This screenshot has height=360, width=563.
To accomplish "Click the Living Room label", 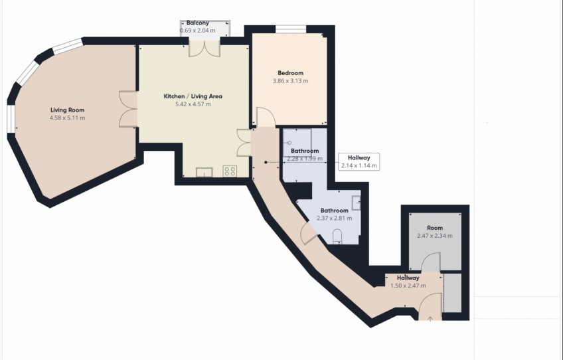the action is coord(68,110).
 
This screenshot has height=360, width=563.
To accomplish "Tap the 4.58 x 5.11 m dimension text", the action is coord(68,118).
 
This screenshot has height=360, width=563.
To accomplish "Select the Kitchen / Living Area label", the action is coord(193,96).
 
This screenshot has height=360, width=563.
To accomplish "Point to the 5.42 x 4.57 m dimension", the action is coord(193,104).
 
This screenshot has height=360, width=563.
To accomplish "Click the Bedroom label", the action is coord(291,73).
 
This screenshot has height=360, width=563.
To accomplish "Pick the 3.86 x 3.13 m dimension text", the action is coord(291,81).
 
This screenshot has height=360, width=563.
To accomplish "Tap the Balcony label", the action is coord(197,23).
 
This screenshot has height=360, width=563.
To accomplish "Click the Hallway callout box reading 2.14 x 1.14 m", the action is coord(359,161).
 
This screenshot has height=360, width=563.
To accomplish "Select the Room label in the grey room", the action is coord(435,228).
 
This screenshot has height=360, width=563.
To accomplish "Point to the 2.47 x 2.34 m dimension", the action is coord(435,236).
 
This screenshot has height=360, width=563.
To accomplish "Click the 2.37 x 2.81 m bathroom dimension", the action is coord(335,218).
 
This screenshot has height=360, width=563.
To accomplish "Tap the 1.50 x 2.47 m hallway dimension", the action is coord(408,286).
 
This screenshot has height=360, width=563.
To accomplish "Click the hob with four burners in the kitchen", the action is coord(230,171).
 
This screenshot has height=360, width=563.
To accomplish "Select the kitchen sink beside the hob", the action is coord(204,173).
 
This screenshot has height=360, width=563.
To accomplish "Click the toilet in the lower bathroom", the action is coord(338,236).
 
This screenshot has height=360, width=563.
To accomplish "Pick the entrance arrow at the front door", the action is coord(430,319).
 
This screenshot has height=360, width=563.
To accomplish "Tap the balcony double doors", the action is coord(204,49).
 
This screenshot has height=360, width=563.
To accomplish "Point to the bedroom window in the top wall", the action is coord(291,29).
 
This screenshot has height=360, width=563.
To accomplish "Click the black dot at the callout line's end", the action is coord(266,162).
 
